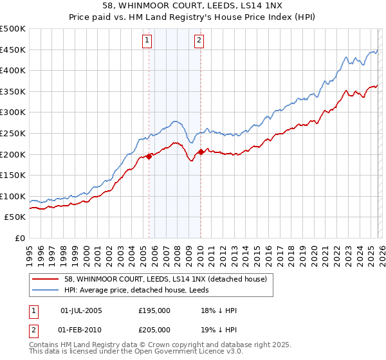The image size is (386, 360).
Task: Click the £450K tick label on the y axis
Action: [13, 50]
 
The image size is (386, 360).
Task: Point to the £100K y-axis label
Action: [13, 196]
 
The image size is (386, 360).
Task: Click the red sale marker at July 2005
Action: [149, 156]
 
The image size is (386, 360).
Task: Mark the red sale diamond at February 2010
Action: [201, 152]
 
